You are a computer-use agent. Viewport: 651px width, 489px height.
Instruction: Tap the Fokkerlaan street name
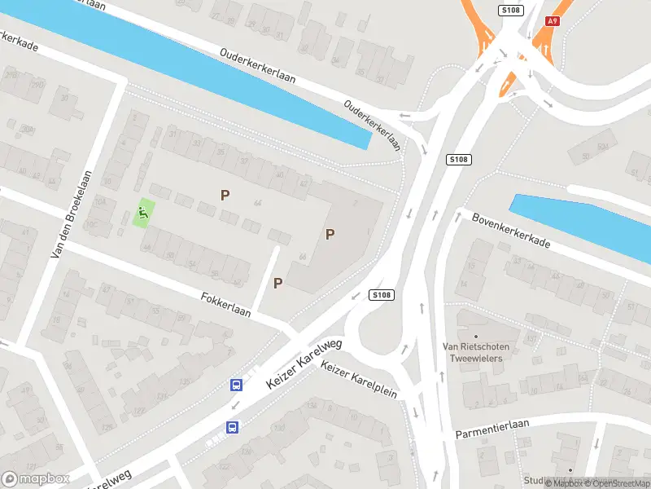(x=225, y=306)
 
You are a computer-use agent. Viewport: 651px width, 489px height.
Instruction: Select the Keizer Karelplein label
(x=359, y=380)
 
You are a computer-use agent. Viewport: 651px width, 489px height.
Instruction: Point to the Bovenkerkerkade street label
(x=511, y=231)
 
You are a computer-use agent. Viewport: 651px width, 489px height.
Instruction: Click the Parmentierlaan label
(x=492, y=429)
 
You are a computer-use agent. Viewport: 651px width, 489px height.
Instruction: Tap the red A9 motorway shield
(x=553, y=21)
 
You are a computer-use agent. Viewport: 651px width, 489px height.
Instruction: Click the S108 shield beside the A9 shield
(x=509, y=10)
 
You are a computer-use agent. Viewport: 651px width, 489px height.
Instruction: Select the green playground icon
(x=144, y=214)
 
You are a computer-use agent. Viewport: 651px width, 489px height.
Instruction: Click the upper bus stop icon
(x=237, y=385)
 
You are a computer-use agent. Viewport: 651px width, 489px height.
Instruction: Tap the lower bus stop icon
(x=232, y=426)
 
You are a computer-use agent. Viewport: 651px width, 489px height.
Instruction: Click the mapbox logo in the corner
(x=35, y=478)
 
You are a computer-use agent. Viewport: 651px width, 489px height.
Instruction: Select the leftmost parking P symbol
(x=225, y=195)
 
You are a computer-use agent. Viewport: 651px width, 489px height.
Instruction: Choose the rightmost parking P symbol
(x=330, y=235)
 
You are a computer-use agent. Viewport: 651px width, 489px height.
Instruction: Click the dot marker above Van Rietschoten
(x=476, y=335)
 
